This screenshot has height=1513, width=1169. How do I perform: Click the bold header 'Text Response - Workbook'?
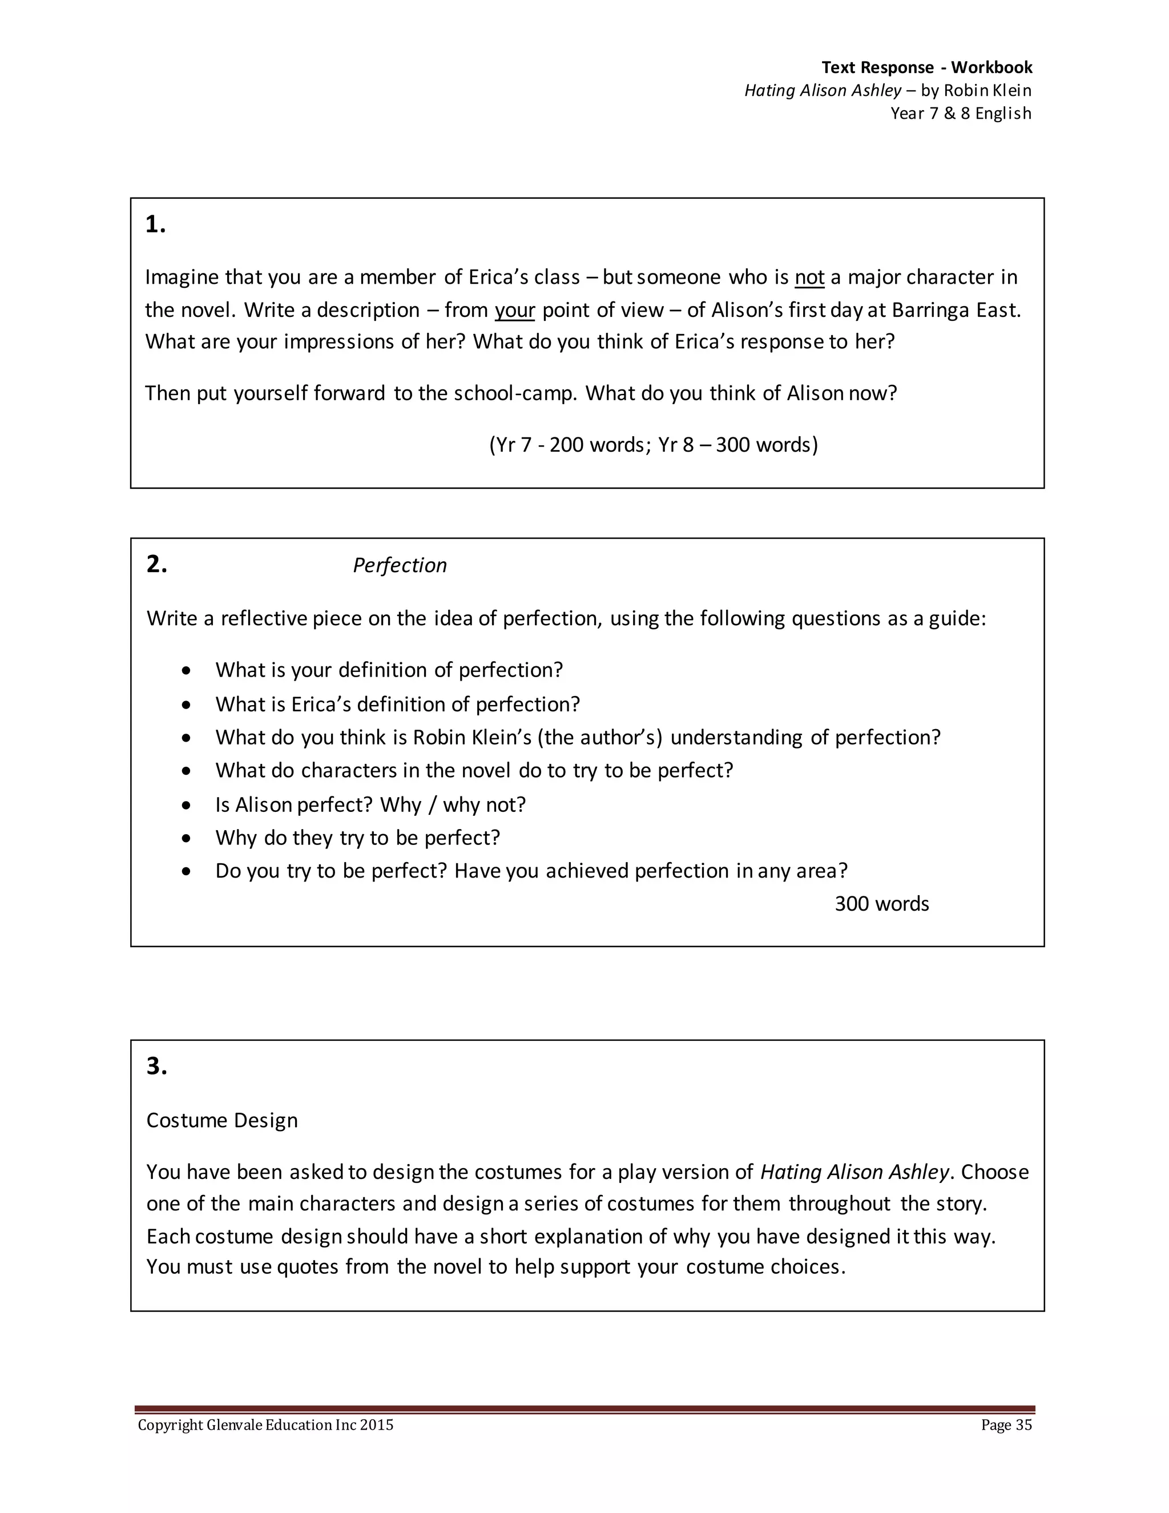tap(926, 67)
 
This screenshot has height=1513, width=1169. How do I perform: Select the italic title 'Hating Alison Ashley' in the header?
tap(822, 90)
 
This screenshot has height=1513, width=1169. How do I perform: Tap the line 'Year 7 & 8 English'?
tap(961, 113)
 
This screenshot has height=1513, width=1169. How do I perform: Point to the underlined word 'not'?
tap(809, 277)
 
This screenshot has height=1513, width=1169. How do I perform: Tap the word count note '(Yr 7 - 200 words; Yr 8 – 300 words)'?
tap(653, 444)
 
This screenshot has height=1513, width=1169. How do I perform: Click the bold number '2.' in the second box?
tap(156, 564)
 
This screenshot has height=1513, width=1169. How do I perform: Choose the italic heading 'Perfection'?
tap(400, 565)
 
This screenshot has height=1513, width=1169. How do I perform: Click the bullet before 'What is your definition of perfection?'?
tap(186, 671)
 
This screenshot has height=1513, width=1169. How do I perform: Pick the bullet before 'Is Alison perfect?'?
tap(186, 805)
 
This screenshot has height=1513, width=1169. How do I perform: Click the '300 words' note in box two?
tap(881, 903)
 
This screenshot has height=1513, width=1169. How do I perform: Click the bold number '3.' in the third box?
tap(156, 1065)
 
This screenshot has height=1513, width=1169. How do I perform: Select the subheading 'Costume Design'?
tap(221, 1120)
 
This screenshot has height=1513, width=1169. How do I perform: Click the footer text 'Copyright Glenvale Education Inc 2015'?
tap(265, 1425)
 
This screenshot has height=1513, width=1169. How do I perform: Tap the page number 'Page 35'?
tap(1006, 1425)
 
